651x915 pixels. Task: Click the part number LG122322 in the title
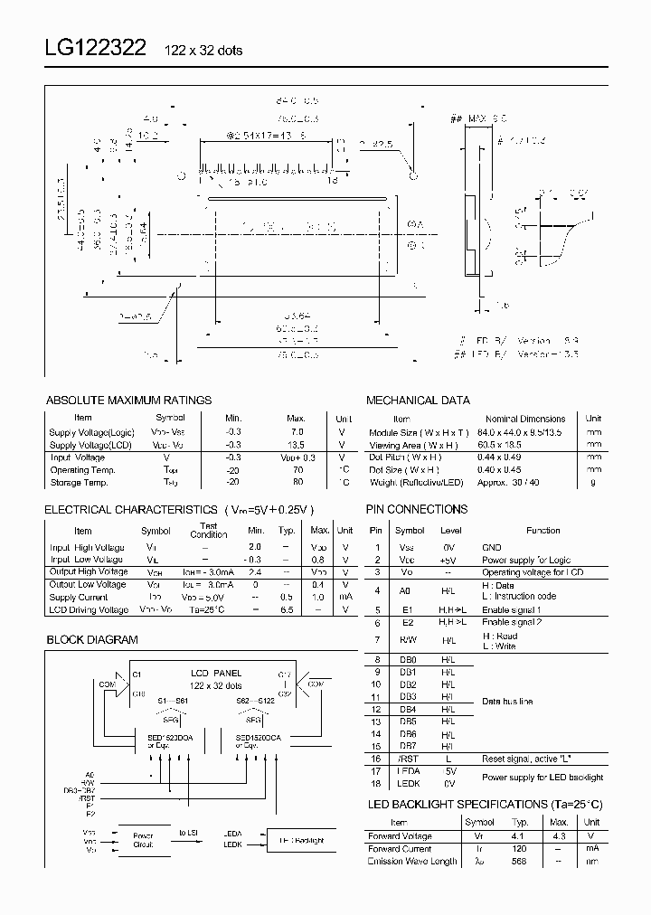click(96, 49)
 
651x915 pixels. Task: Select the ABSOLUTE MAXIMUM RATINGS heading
click(127, 400)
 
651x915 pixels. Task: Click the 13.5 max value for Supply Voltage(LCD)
click(297, 445)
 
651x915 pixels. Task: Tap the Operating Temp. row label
click(82, 470)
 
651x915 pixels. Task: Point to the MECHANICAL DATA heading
click(417, 400)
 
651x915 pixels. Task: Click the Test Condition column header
click(209, 530)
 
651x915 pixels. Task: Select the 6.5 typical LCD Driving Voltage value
click(288, 610)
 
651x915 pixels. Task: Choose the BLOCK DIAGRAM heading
click(91, 639)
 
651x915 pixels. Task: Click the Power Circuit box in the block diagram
click(143, 841)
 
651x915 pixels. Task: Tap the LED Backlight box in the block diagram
click(300, 840)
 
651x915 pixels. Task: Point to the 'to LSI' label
click(190, 831)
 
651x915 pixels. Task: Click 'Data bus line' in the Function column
click(507, 702)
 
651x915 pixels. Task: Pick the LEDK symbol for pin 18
click(409, 784)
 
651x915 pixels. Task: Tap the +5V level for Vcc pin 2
click(449, 560)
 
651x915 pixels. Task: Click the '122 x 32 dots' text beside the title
click(203, 51)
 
